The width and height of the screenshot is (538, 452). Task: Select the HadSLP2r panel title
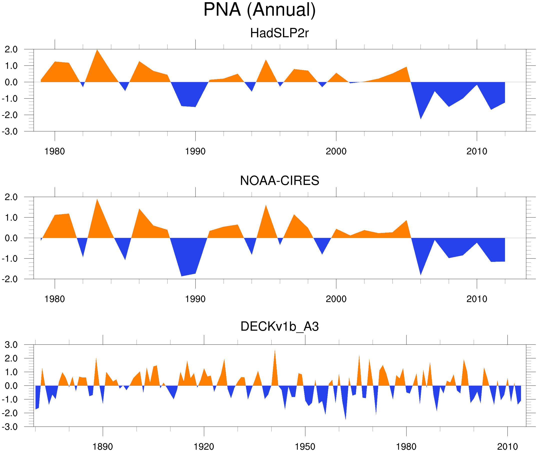click(279, 33)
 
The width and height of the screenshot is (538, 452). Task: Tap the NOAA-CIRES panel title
click(279, 181)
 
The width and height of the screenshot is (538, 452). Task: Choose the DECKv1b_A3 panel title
click(279, 327)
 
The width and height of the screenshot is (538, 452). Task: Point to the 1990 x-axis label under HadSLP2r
click(195, 151)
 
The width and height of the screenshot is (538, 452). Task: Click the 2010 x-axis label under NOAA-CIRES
click(477, 299)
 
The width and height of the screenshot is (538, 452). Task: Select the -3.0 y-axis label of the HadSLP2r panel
click(10, 132)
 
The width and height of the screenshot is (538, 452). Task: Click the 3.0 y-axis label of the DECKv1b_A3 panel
click(11, 345)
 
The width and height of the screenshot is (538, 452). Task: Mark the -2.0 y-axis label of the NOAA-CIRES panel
click(10, 279)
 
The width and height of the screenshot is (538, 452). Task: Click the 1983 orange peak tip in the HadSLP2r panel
click(97, 50)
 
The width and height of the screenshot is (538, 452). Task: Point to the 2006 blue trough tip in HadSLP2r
click(421, 119)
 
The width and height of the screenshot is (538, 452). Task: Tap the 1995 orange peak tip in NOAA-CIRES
click(266, 205)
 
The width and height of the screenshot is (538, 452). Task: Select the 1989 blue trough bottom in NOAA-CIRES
click(181, 276)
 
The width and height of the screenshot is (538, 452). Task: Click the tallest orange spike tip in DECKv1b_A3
click(275, 350)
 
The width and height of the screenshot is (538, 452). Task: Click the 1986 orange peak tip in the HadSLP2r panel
click(139, 62)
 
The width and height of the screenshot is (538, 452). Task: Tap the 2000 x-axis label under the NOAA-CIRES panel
click(336, 299)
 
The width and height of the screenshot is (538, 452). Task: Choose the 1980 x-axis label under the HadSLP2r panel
click(55, 151)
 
